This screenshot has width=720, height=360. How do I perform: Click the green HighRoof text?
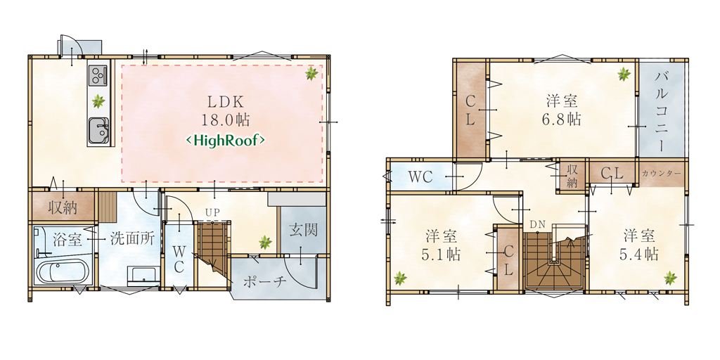tap(225, 140)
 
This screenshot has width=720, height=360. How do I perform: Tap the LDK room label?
tap(225, 101)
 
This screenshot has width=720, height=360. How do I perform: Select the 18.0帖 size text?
tap(225, 120)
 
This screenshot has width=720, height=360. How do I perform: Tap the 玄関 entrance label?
tap(304, 230)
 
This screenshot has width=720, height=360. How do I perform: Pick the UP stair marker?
tap(211, 212)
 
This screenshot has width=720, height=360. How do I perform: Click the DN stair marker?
tap(536, 224)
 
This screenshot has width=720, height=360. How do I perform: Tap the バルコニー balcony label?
tap(662, 112)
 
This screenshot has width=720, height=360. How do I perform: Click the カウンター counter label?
tap(661, 174)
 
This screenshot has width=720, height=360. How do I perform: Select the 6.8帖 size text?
tap(561, 120)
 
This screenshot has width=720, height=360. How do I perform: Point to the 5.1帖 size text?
tap(441, 255)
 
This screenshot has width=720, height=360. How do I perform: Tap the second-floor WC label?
tap(420, 177)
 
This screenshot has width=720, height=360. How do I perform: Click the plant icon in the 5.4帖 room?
tap(670, 278)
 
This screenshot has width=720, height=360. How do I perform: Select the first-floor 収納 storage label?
tap(63, 208)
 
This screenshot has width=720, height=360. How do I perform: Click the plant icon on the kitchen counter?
tap(98, 101)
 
